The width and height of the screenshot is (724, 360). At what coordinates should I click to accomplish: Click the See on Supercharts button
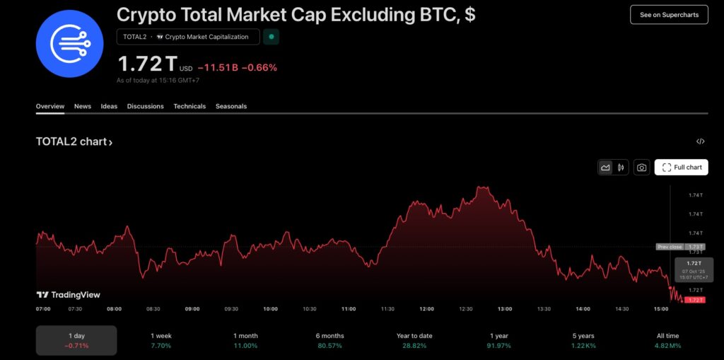tap(668, 15)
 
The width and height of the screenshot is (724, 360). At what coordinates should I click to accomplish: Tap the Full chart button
tap(682, 168)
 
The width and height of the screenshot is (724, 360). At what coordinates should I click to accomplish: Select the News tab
tap(83, 106)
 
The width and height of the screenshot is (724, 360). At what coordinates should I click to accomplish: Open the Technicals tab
tap(189, 106)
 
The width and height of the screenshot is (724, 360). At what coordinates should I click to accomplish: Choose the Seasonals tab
tap(231, 106)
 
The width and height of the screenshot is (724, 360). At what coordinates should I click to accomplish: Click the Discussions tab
tap(145, 106)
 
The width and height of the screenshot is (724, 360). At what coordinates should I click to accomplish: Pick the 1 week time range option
tap(160, 340)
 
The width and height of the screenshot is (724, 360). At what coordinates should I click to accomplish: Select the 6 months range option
tap(329, 340)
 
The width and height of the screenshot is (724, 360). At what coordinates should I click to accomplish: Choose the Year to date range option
tap(414, 340)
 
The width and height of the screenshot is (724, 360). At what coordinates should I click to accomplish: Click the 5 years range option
tap(583, 340)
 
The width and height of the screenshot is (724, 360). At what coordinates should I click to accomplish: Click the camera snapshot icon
tap(641, 168)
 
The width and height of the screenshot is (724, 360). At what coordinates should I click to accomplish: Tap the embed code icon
tap(700, 141)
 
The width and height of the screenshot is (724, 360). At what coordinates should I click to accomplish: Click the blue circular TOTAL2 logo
tap(70, 43)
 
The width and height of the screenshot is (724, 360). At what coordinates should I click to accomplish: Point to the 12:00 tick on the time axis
tap(426, 309)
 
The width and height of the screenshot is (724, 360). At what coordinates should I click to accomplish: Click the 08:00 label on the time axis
tap(114, 309)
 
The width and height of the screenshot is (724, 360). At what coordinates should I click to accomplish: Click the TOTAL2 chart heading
tap(74, 141)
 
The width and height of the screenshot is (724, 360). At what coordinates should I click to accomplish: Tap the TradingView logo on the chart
tap(69, 295)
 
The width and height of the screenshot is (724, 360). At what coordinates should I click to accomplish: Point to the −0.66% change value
tap(259, 68)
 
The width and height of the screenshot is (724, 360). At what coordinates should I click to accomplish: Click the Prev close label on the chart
tap(669, 247)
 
